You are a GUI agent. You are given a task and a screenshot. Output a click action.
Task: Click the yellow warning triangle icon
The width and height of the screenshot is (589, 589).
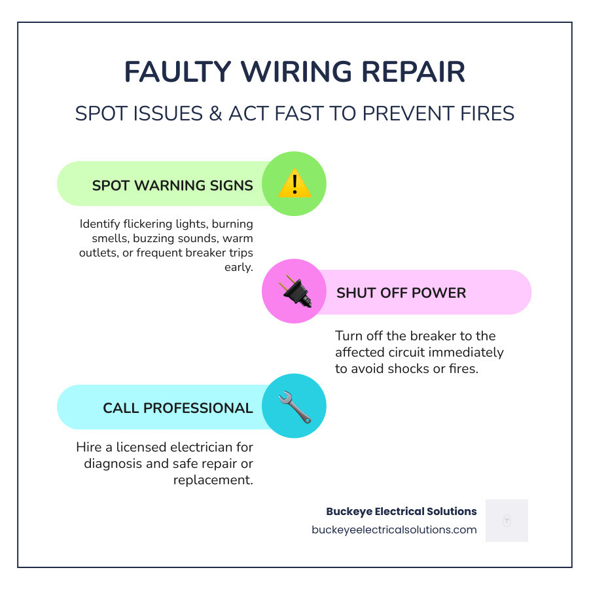tap(294, 184)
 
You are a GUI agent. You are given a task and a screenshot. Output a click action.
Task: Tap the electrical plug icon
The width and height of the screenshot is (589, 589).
tap(294, 291)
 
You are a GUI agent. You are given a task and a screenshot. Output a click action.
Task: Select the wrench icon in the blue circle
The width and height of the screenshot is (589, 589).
tap(294, 406)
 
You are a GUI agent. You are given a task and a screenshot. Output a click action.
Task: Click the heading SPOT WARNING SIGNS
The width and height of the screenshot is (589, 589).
tap(172, 185)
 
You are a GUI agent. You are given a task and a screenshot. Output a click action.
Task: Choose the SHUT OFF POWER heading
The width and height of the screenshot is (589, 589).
tap(401, 293)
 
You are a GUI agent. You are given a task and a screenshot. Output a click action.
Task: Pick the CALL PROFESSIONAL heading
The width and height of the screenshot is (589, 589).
tap(177, 408)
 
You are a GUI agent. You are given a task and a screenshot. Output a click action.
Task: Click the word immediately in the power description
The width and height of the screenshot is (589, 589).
tap(469, 352)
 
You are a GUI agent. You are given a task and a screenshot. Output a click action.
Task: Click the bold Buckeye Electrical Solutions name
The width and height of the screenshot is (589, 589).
tap(401, 511)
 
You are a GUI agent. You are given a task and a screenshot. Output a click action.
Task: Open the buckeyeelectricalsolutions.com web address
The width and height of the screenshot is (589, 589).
tap(394, 529)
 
